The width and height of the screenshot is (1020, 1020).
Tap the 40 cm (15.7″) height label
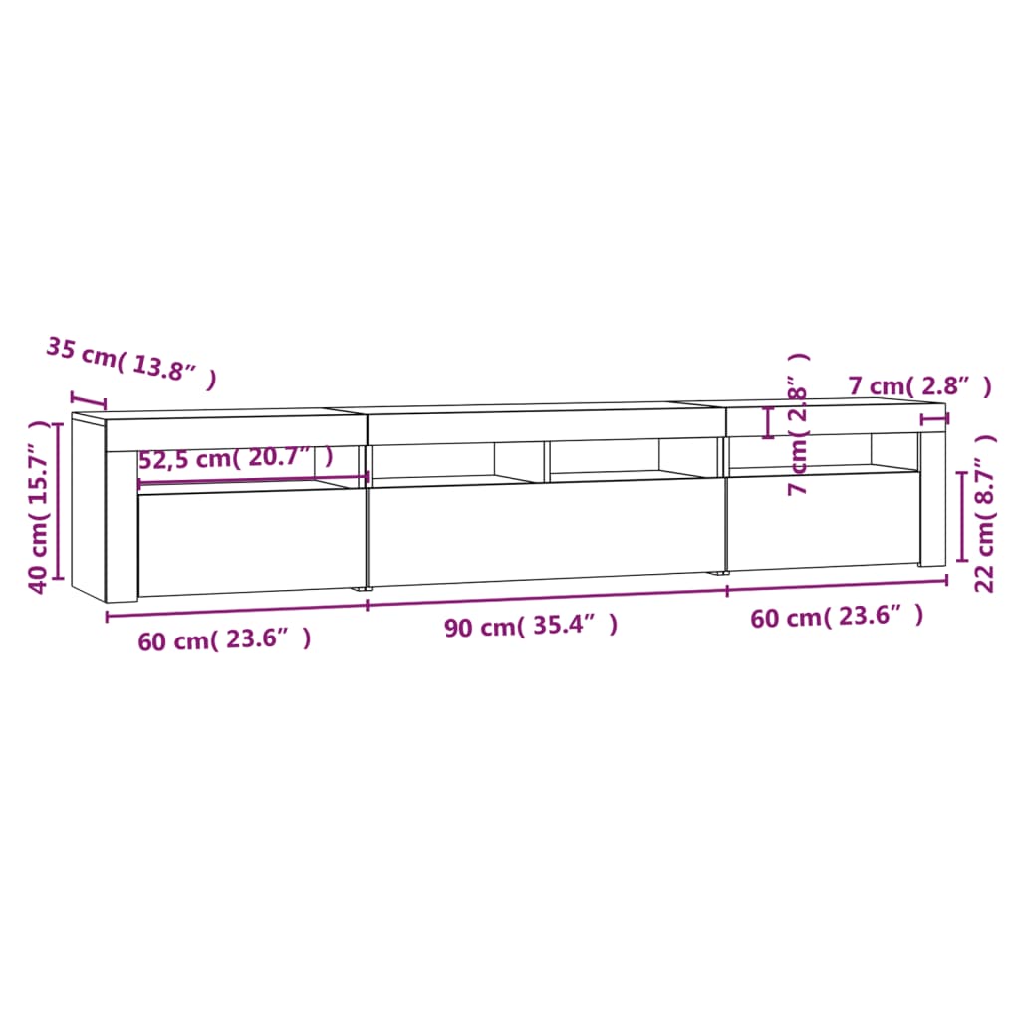[x=39, y=507]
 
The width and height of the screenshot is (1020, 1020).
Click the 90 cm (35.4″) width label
[x=531, y=626]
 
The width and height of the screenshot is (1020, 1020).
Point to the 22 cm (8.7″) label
[x=985, y=512]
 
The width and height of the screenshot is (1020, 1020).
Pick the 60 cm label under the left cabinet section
[x=224, y=639]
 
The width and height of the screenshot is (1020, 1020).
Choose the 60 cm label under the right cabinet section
[x=837, y=617]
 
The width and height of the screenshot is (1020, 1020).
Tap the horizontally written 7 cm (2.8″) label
[x=919, y=386]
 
